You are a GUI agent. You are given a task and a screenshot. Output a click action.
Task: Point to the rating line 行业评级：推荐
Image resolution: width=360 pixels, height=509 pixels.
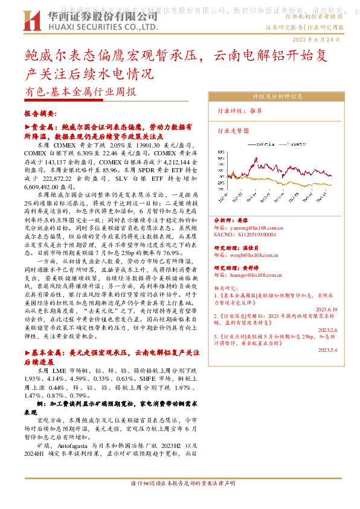[x=240, y=111]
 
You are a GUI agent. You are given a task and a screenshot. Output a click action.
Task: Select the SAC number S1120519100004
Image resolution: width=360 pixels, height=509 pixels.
[x=246, y=234]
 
